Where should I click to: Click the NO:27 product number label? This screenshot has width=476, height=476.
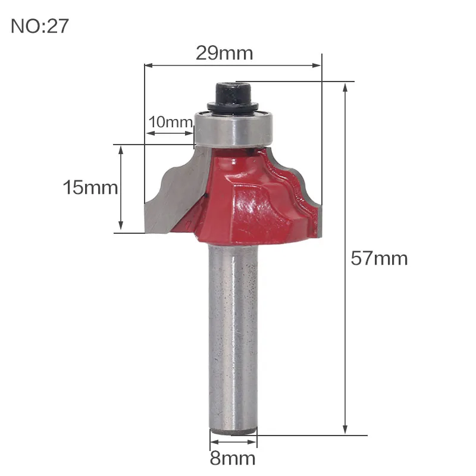point(40,26)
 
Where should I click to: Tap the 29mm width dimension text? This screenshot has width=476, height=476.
point(224,53)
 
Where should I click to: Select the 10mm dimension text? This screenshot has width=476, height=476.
point(170,122)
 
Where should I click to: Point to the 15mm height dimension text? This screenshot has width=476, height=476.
point(90,187)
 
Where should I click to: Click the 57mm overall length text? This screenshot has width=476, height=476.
point(379,258)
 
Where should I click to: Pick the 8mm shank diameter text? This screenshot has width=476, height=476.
point(233,458)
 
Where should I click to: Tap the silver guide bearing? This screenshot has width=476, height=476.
point(233,130)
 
